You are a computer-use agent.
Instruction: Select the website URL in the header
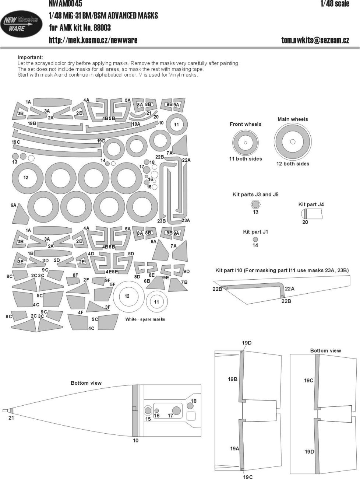point(93,41)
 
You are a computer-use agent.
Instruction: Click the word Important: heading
point(30,57)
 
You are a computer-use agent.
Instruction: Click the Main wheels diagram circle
point(293,141)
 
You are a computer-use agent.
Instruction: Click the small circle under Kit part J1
point(255,239)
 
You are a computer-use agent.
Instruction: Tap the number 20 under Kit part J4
point(305,222)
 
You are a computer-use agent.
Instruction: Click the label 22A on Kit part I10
point(290,289)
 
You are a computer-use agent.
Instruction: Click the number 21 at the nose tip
point(11,418)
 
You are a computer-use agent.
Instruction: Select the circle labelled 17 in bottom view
point(177,410)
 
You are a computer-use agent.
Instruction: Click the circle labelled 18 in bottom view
point(190,406)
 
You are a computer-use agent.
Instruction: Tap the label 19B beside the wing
point(233,379)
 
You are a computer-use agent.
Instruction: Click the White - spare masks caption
point(145,319)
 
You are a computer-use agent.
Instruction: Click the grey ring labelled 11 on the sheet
point(176,125)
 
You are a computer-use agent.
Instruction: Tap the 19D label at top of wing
point(247,343)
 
